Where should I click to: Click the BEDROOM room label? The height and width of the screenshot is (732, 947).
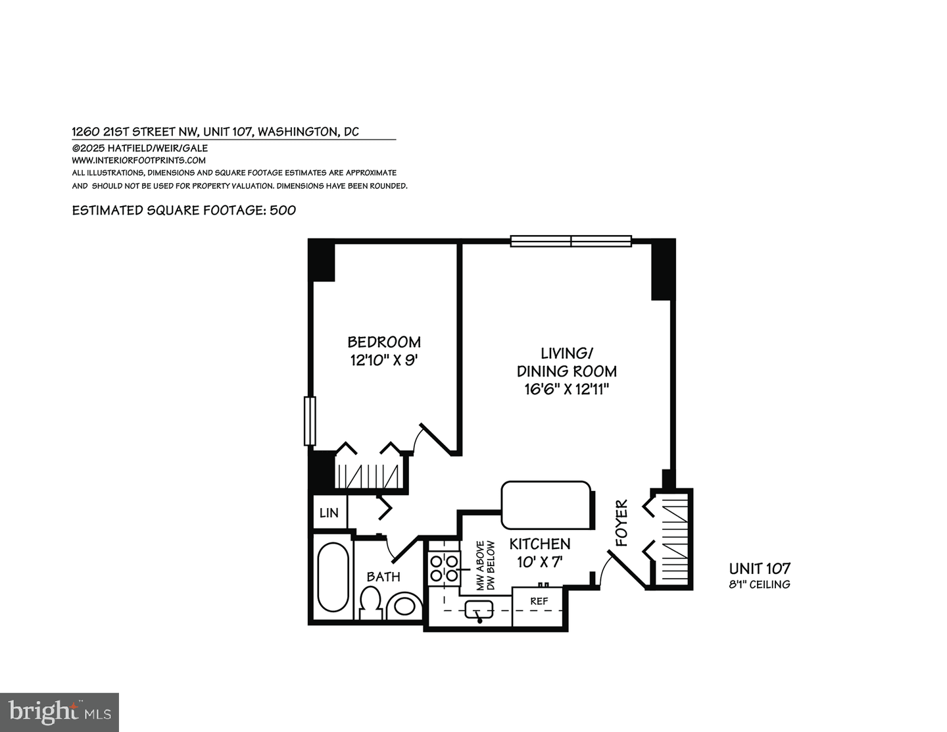[x=384, y=342]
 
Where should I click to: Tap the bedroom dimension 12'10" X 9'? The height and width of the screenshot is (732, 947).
[x=384, y=360]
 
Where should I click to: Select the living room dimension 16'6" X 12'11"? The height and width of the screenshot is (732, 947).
[x=566, y=388]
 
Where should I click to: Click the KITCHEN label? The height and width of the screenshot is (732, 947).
[x=539, y=544]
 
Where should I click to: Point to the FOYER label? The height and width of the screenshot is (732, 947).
[x=621, y=523]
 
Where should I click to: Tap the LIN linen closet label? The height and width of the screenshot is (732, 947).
[x=329, y=513]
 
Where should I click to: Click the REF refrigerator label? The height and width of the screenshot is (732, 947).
[x=539, y=601]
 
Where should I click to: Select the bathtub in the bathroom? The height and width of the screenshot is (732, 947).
[x=333, y=577]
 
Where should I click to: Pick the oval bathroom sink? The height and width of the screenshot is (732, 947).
[x=404, y=606]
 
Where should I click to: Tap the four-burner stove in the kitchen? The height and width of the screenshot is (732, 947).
[x=444, y=567]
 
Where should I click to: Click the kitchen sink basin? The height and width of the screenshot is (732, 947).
[x=479, y=609]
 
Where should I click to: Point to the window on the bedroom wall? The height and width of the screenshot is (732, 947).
[x=310, y=421]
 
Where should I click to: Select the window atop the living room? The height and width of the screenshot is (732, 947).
[x=571, y=241]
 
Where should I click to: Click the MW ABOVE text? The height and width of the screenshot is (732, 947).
[x=480, y=566]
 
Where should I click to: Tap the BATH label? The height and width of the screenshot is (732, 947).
[x=383, y=577]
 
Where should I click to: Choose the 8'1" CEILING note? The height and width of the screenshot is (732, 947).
[x=759, y=584]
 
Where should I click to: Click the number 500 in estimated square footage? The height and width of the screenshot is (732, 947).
[x=282, y=210]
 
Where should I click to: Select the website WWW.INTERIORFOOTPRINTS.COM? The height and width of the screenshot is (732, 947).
[x=139, y=161]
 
